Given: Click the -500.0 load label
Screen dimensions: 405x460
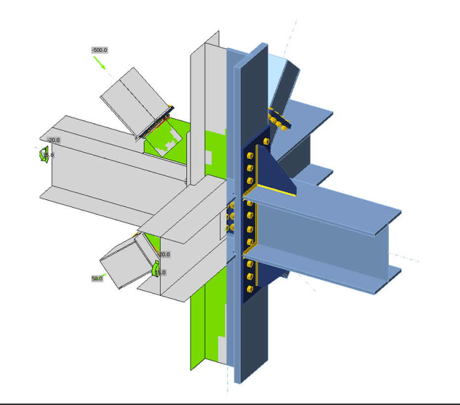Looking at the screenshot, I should [100, 50].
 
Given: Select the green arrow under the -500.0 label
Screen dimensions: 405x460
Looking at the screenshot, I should [100, 63].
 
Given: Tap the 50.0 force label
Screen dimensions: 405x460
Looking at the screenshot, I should [97, 279].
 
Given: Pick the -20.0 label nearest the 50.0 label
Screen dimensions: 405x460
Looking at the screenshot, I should [164, 254].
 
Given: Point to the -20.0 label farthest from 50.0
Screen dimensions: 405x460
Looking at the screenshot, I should [53, 140].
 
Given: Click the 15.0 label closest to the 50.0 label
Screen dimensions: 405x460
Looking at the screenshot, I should [160, 272].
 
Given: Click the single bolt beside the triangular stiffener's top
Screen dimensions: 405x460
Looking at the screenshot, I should [266, 142].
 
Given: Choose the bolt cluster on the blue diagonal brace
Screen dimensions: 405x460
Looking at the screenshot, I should [278, 121].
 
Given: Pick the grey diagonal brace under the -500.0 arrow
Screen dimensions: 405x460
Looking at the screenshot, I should [133, 101].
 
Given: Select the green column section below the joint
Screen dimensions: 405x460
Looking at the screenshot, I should [205, 321].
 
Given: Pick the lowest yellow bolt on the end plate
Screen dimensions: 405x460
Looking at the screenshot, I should [250, 288].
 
